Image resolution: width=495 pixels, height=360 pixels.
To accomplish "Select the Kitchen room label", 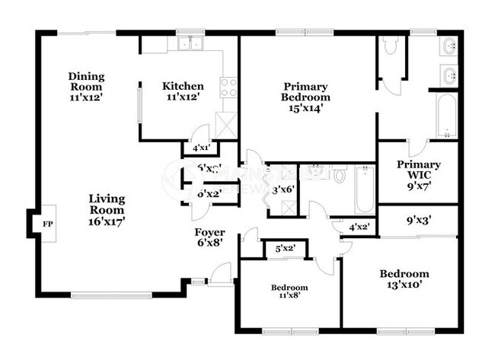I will (x=183, y=91).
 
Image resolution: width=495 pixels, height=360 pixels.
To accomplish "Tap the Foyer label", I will (x=209, y=238).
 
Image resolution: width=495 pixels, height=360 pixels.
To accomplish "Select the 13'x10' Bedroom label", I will (x=404, y=279).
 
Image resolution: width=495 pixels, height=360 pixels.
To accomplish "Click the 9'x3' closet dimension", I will (x=419, y=221).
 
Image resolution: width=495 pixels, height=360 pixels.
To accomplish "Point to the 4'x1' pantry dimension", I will (x=201, y=148).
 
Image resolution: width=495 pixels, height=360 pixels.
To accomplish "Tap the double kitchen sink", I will (x=188, y=45).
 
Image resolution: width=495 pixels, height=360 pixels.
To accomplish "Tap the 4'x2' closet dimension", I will (x=358, y=227).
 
